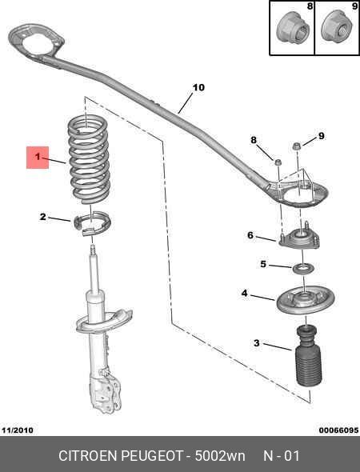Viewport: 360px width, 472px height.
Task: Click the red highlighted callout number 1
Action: point(38,157)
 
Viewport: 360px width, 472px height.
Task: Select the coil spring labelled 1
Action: point(88,159)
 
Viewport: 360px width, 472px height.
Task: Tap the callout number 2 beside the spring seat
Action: point(43,217)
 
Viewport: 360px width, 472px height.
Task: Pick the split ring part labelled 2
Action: point(92,223)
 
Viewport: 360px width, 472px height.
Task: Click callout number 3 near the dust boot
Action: point(257,342)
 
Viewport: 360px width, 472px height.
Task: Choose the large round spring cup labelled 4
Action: point(306,300)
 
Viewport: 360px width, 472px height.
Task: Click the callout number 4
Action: point(245,293)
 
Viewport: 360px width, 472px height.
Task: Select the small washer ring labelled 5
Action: point(303,268)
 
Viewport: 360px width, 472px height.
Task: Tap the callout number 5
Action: point(263,264)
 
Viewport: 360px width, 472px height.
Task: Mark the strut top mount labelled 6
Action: point(299,238)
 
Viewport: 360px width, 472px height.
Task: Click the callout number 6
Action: point(250,234)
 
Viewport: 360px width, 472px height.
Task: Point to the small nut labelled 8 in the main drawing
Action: point(278,162)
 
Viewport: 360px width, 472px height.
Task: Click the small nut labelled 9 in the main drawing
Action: point(298,146)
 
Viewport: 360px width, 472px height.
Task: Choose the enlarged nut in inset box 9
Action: point(337,27)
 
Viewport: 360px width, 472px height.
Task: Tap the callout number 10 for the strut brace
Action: point(198,87)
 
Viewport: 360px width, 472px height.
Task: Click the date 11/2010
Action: point(18,430)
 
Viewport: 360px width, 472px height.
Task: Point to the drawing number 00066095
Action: point(338,430)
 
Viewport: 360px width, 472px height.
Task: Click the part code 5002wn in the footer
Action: point(220,456)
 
